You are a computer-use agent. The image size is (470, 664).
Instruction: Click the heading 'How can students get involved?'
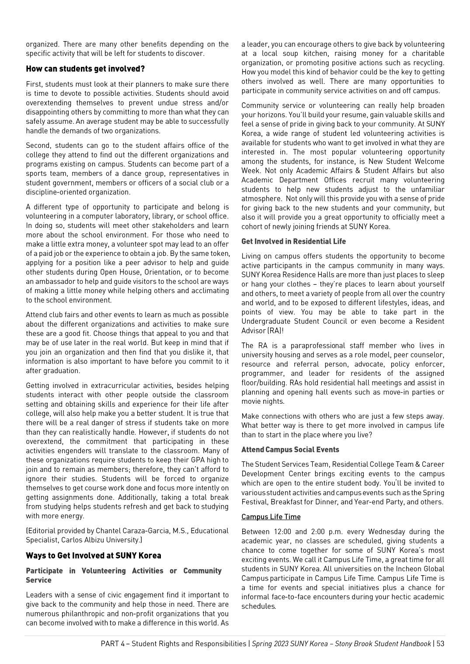tap(85, 69)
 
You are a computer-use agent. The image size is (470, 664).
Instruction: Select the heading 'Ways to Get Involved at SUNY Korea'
tap(93, 556)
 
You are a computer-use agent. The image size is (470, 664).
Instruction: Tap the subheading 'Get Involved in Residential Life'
tap(293, 241)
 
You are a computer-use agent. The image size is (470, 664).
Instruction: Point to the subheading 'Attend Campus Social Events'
tap(290, 450)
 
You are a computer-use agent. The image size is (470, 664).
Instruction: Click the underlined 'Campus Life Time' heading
tap(271, 517)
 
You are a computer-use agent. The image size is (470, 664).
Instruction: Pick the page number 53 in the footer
tap(440, 643)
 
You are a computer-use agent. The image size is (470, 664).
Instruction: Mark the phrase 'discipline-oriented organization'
tap(78, 192)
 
